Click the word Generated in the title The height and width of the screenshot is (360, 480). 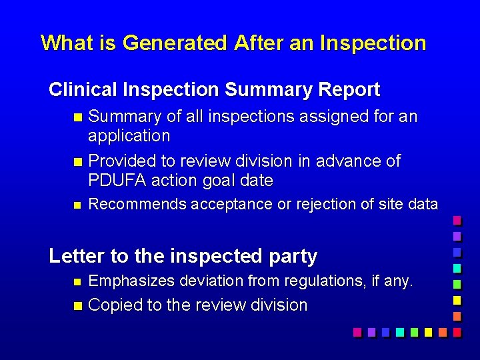point(175,43)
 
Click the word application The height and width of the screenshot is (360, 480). point(129,136)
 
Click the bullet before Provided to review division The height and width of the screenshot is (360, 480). point(77,162)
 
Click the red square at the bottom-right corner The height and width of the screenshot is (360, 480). point(456,331)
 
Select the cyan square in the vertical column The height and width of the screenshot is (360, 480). point(457,268)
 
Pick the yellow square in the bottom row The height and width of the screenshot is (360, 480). point(427,331)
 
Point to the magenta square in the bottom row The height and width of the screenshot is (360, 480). point(357,331)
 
